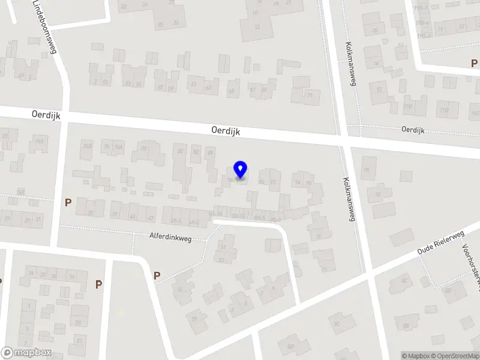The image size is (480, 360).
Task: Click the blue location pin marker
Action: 241,170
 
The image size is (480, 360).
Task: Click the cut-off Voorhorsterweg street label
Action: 470,264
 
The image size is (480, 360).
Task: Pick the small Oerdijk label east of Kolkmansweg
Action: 413,129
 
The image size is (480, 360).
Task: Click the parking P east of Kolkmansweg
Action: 473,64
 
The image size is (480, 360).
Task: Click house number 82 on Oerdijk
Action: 196,152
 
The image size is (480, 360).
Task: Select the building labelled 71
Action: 310,95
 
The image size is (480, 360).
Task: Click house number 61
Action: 193,85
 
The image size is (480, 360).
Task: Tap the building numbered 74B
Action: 88,146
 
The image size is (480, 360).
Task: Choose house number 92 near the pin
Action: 273,181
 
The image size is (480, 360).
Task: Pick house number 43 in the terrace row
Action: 133,216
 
